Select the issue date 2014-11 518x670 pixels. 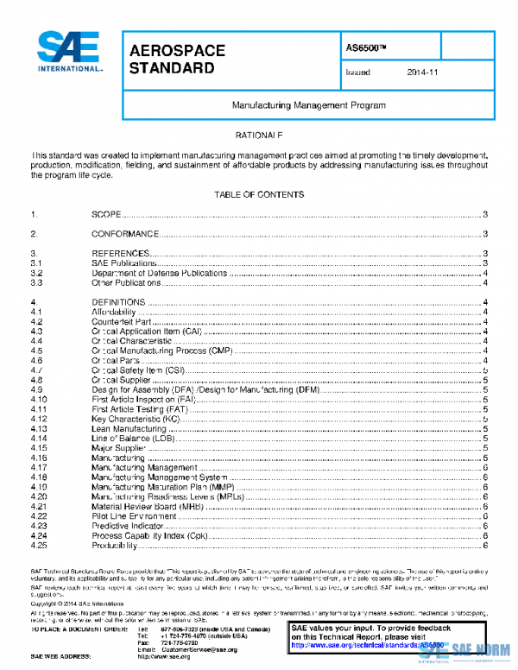(423, 73)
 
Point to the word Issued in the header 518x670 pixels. (357, 73)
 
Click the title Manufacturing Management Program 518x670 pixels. (308, 104)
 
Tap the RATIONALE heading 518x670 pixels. (259, 136)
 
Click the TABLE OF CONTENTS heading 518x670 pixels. (258, 195)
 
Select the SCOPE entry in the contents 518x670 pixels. (105, 214)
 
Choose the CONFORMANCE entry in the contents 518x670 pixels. (124, 234)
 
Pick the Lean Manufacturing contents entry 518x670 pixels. (129, 429)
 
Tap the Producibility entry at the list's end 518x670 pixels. (116, 546)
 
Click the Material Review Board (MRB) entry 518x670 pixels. (142, 506)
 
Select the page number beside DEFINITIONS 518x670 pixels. (487, 302)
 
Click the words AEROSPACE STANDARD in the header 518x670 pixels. (177, 59)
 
